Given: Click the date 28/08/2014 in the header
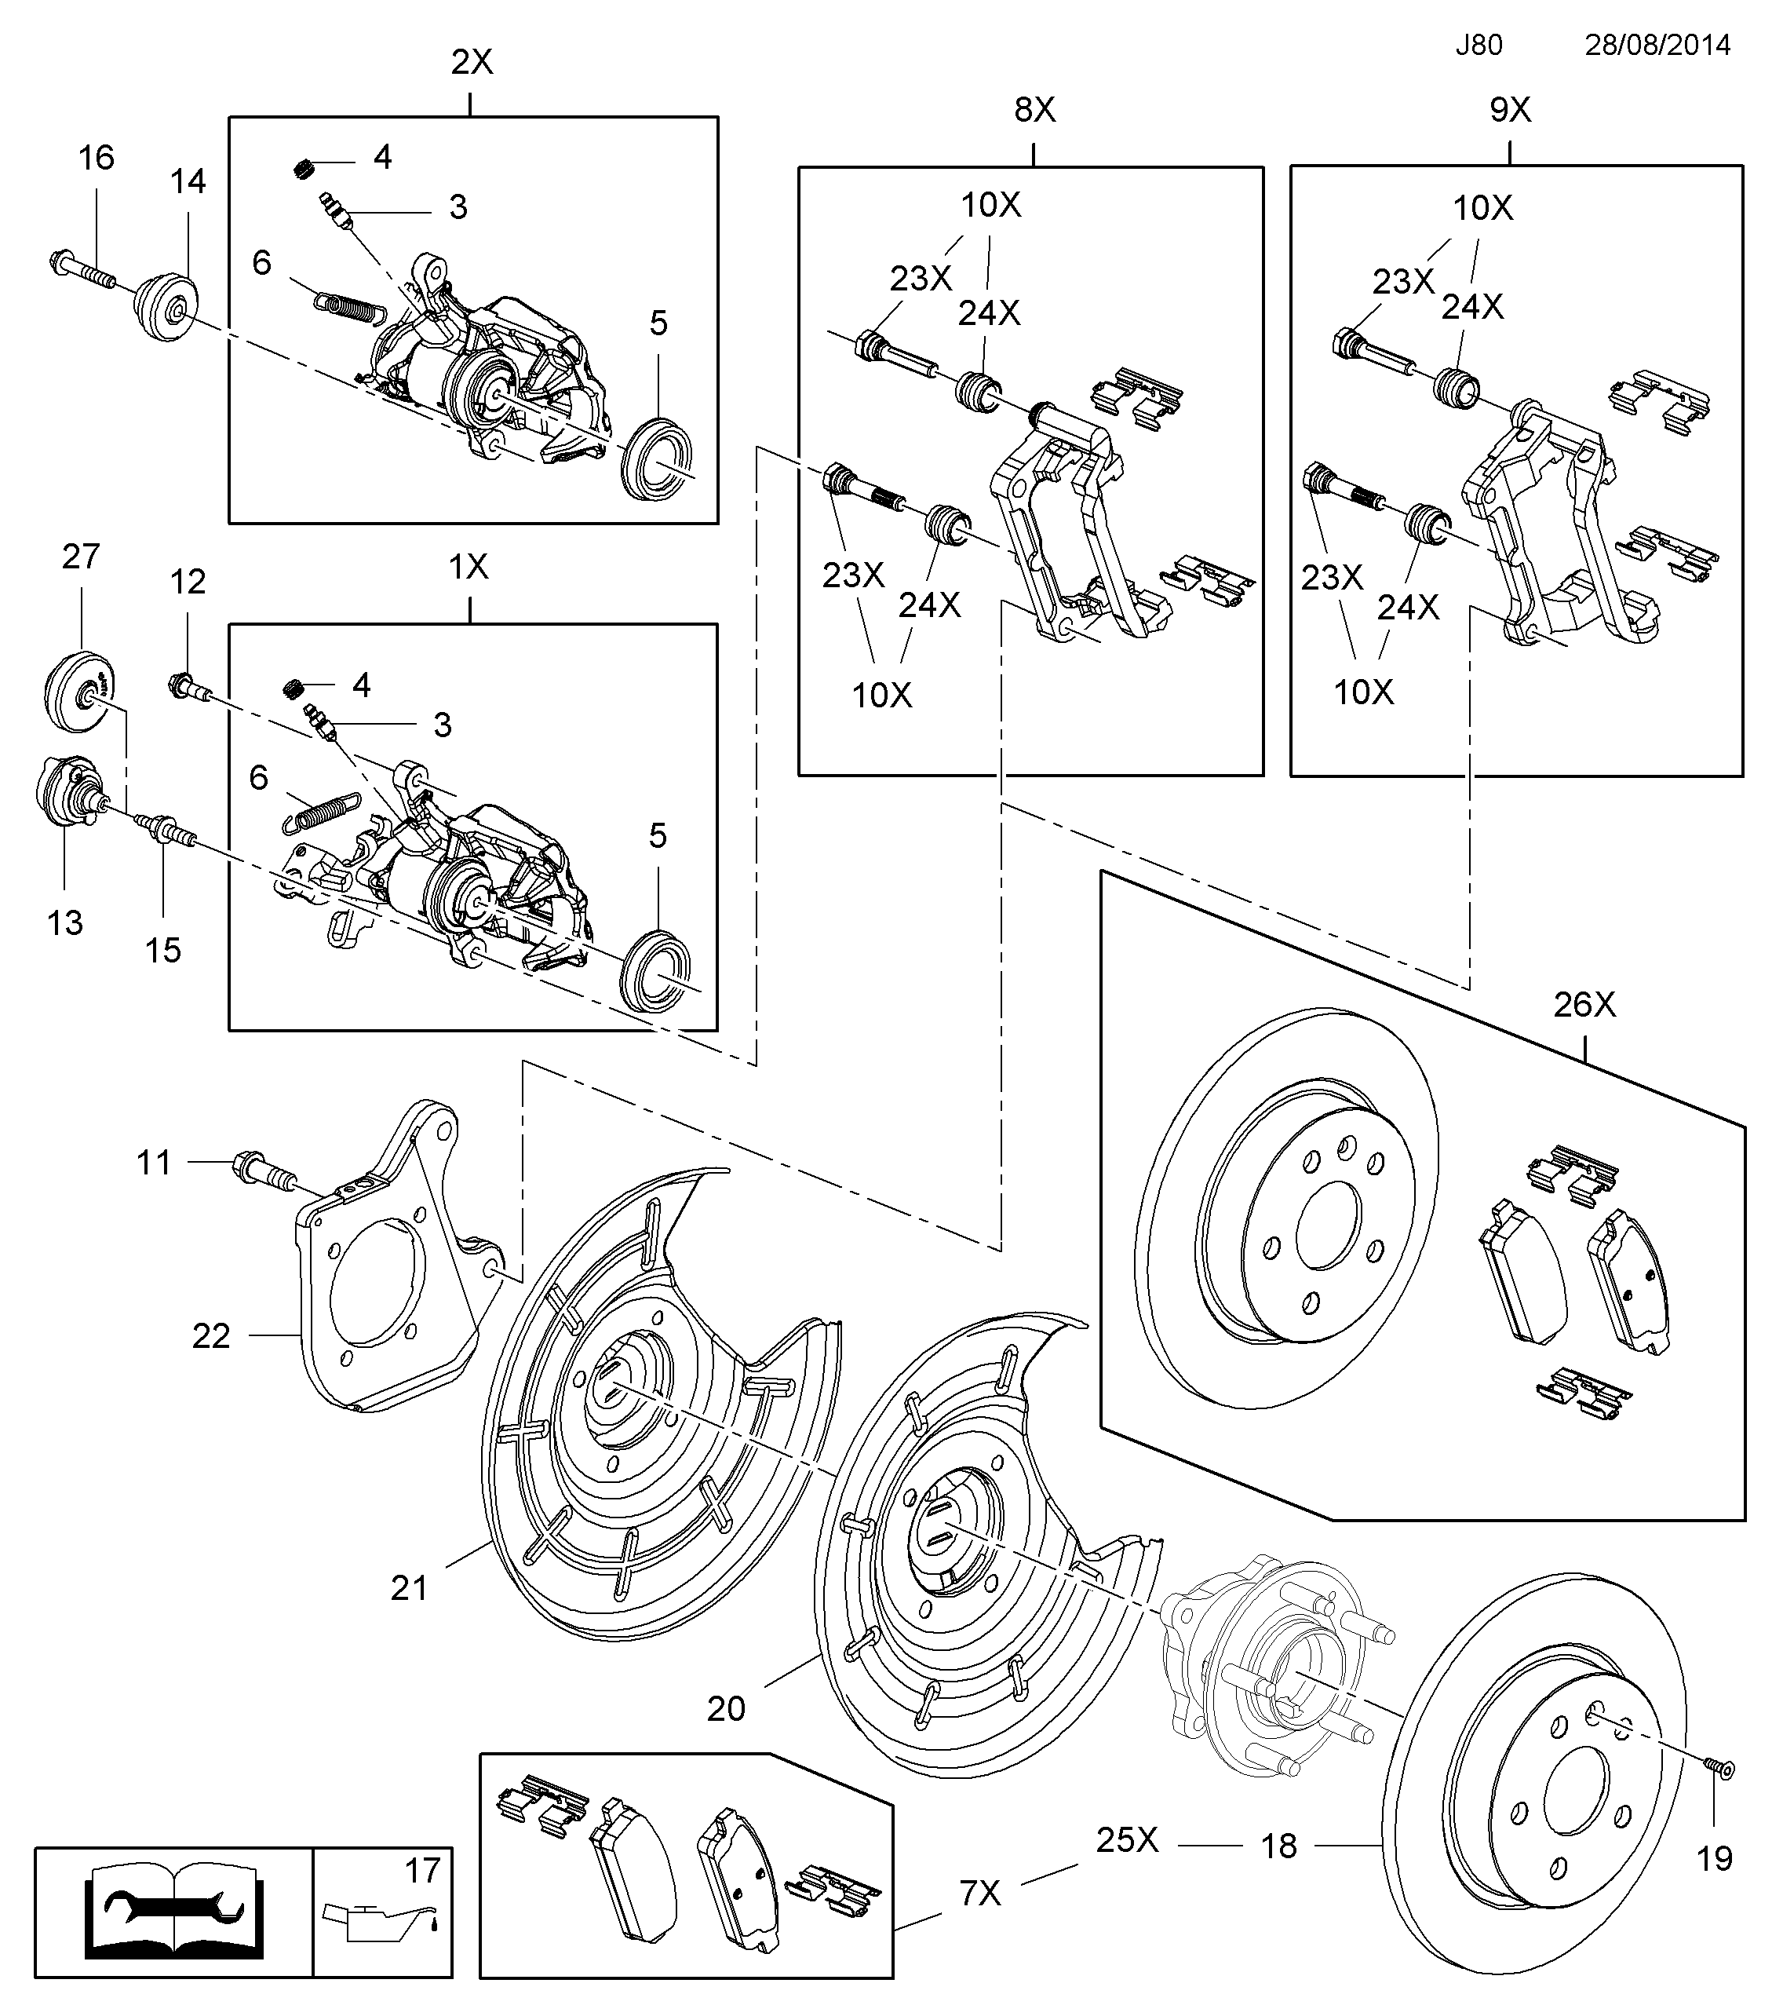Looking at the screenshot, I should click(x=1657, y=46).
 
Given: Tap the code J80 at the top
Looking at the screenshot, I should click(x=1479, y=46).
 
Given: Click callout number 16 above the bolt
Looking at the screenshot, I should click(x=97, y=158).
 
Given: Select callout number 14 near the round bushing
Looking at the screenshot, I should click(x=188, y=181).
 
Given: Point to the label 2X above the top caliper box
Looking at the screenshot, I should click(x=472, y=63).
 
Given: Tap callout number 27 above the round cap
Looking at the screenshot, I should click(x=81, y=557).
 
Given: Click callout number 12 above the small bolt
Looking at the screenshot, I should click(x=188, y=582).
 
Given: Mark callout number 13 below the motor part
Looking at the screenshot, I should click(x=65, y=923).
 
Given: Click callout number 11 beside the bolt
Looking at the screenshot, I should click(x=154, y=1163).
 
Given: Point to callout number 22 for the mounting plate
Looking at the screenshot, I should click(x=211, y=1336).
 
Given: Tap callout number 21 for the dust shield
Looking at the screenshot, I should click(x=410, y=1588).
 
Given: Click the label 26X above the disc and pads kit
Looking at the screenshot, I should click(x=1584, y=1005).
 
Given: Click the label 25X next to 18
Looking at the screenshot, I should click(x=1127, y=1840).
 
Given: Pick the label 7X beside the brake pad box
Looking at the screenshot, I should click(x=980, y=1894).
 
